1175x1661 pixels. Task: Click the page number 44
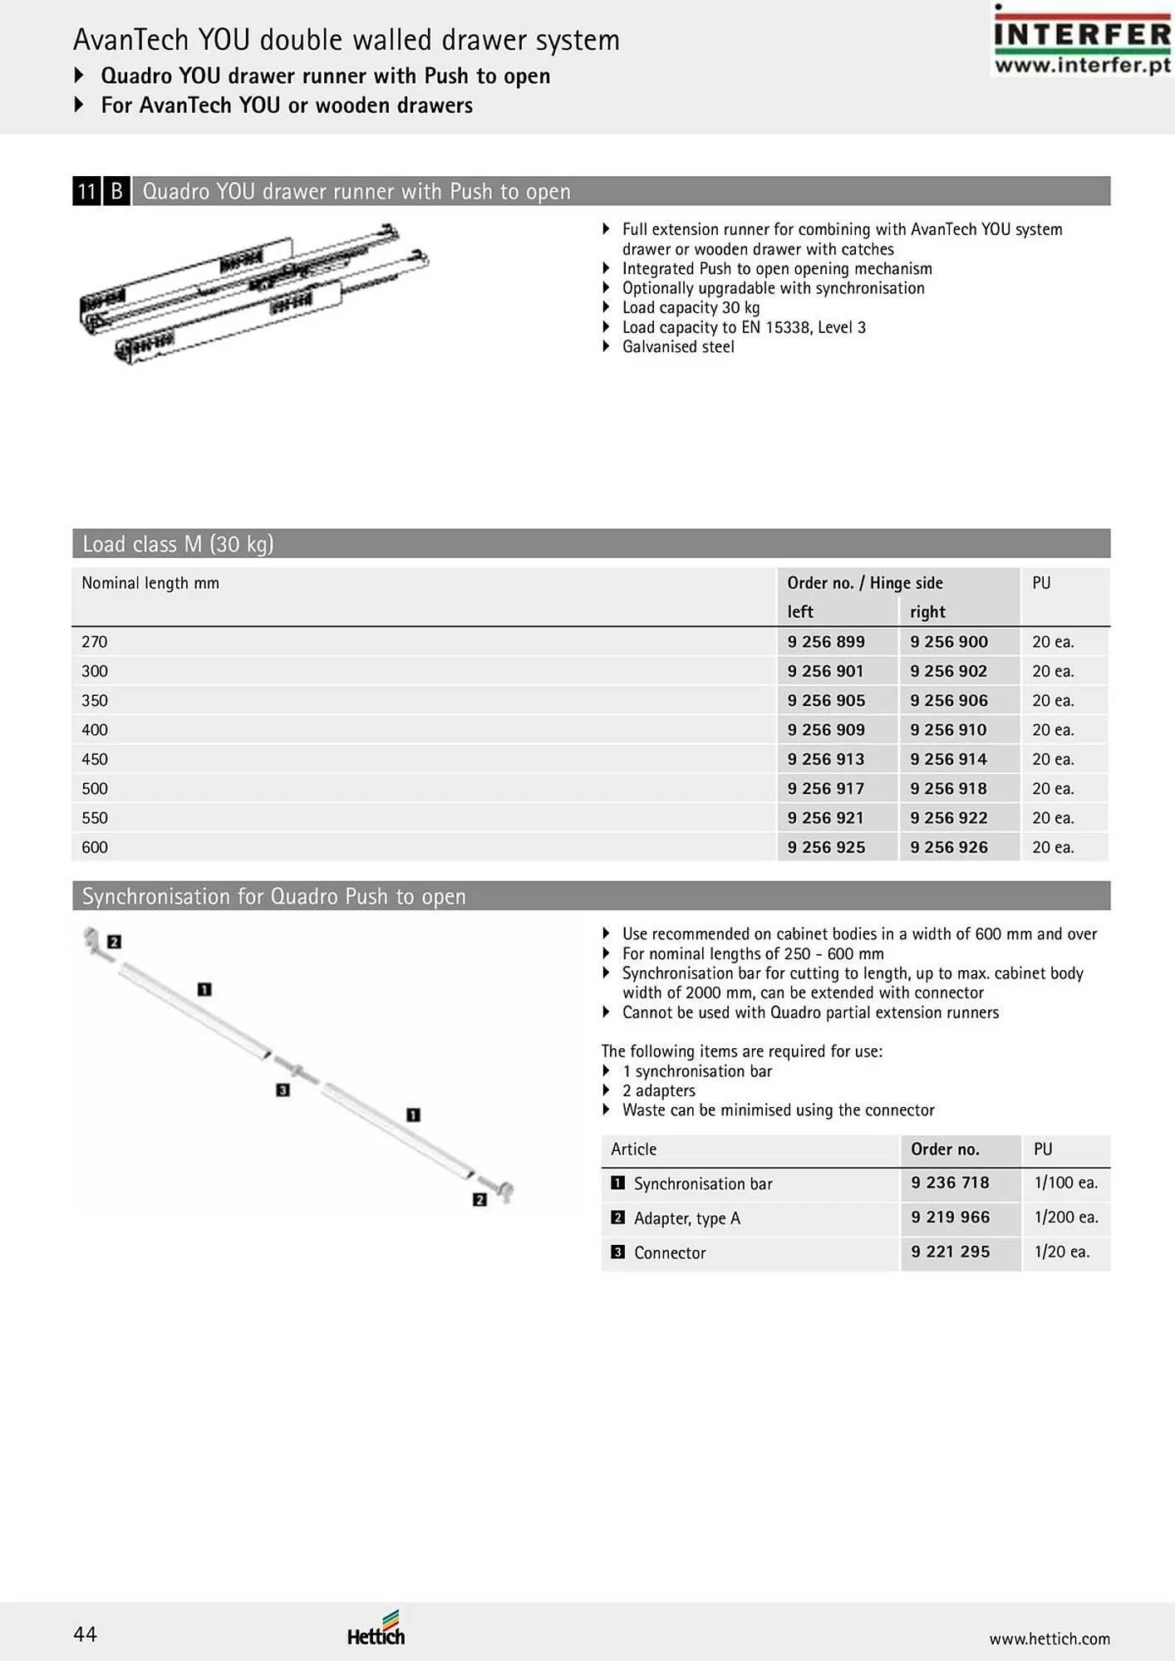(x=85, y=1634)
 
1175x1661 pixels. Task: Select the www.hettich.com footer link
(x=1049, y=1639)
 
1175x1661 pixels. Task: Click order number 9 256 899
(x=826, y=642)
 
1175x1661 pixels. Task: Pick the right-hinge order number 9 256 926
(x=949, y=847)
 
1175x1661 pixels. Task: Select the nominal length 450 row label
(x=95, y=759)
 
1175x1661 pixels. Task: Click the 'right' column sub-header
(x=927, y=612)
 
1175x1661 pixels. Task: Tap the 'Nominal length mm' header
(x=150, y=583)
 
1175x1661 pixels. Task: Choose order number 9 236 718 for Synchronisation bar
(x=950, y=1183)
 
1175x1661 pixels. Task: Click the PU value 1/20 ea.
(x=1061, y=1252)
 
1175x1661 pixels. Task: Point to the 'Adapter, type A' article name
(x=686, y=1218)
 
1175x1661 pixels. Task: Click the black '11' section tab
(x=86, y=192)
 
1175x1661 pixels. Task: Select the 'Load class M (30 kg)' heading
(x=178, y=544)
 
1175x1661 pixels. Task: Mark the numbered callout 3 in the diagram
(x=283, y=1090)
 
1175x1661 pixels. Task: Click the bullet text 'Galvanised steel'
(x=678, y=347)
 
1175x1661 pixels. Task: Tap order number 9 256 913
(x=826, y=759)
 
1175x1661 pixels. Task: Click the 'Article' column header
(x=633, y=1149)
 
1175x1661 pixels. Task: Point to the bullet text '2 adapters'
(x=658, y=1090)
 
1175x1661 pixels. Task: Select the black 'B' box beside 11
(x=116, y=192)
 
